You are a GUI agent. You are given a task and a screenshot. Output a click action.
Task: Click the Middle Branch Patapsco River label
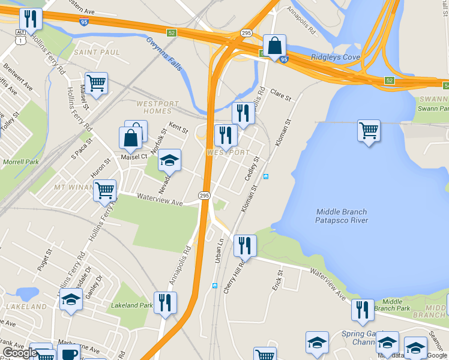click(342, 216)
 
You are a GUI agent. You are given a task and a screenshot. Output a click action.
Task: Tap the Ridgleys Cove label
click(335, 58)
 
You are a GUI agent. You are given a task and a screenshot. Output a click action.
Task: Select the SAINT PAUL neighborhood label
click(97, 52)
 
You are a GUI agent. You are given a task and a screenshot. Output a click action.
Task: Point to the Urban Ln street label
click(220, 249)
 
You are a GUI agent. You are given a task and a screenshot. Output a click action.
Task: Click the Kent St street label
click(179, 128)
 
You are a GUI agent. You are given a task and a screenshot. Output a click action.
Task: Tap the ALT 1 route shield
click(21, 35)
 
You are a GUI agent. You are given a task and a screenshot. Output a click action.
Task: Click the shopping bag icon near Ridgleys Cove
click(274, 46)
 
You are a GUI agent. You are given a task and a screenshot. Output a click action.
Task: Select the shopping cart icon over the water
click(369, 130)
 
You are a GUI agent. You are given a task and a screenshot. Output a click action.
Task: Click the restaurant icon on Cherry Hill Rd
click(245, 245)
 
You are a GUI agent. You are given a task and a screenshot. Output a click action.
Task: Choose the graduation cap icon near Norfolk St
click(169, 160)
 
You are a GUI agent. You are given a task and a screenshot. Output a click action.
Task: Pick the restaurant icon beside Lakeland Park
click(164, 302)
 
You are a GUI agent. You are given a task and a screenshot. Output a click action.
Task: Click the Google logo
click(19, 353)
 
